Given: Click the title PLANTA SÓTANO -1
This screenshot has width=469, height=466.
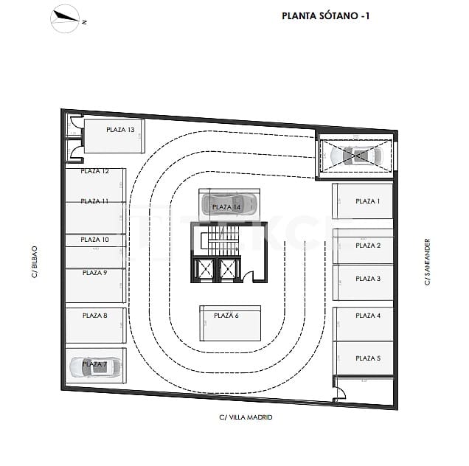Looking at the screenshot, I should [x=325, y=15].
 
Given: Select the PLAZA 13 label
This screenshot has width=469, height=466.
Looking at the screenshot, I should [x=120, y=130].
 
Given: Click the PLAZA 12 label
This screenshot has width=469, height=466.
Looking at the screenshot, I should [x=95, y=171].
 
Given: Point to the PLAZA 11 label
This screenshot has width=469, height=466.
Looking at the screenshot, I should [x=94, y=201].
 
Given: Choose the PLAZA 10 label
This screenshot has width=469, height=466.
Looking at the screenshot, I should [x=94, y=240].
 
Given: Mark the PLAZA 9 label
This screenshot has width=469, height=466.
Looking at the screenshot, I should [x=94, y=273].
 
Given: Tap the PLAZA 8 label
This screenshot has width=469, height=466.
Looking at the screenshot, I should [x=94, y=316].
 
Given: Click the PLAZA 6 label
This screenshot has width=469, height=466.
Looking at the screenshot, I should [x=226, y=316].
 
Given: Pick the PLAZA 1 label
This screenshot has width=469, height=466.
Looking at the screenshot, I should [x=367, y=201].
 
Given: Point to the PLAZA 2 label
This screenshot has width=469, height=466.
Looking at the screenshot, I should [x=368, y=246].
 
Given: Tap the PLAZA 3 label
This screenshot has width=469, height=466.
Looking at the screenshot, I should [x=368, y=279].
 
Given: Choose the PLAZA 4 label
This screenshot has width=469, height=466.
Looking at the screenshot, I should [x=368, y=316].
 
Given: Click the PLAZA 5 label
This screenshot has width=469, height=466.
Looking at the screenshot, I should [x=368, y=358].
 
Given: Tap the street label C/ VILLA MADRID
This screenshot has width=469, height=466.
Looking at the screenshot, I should [x=246, y=417].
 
